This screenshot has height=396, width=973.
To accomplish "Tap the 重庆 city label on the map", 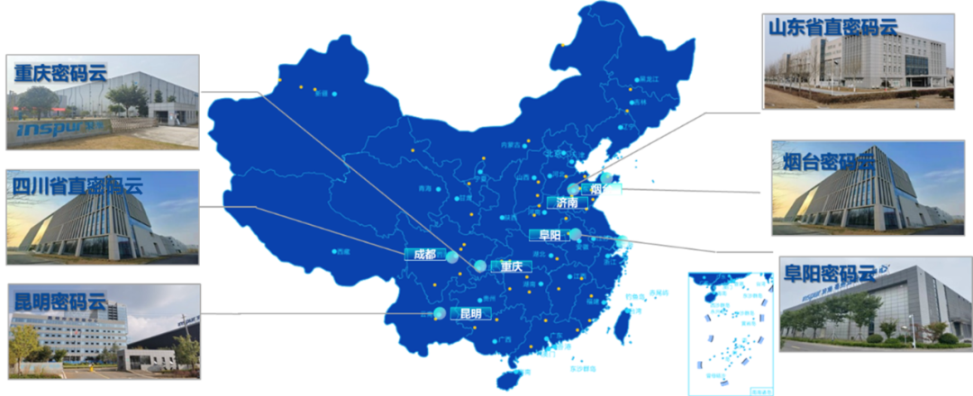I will point(512,266).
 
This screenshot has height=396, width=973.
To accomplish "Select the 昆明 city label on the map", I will point(470,314).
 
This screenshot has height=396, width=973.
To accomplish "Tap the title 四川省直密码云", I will point(77,187).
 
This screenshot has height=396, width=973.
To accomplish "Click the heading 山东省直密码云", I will point(833,27).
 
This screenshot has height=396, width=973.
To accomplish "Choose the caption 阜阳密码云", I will point(829,273).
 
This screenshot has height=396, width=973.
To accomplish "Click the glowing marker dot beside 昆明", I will point(439,313).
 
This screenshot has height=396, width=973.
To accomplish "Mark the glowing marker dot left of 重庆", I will point(480,266).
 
